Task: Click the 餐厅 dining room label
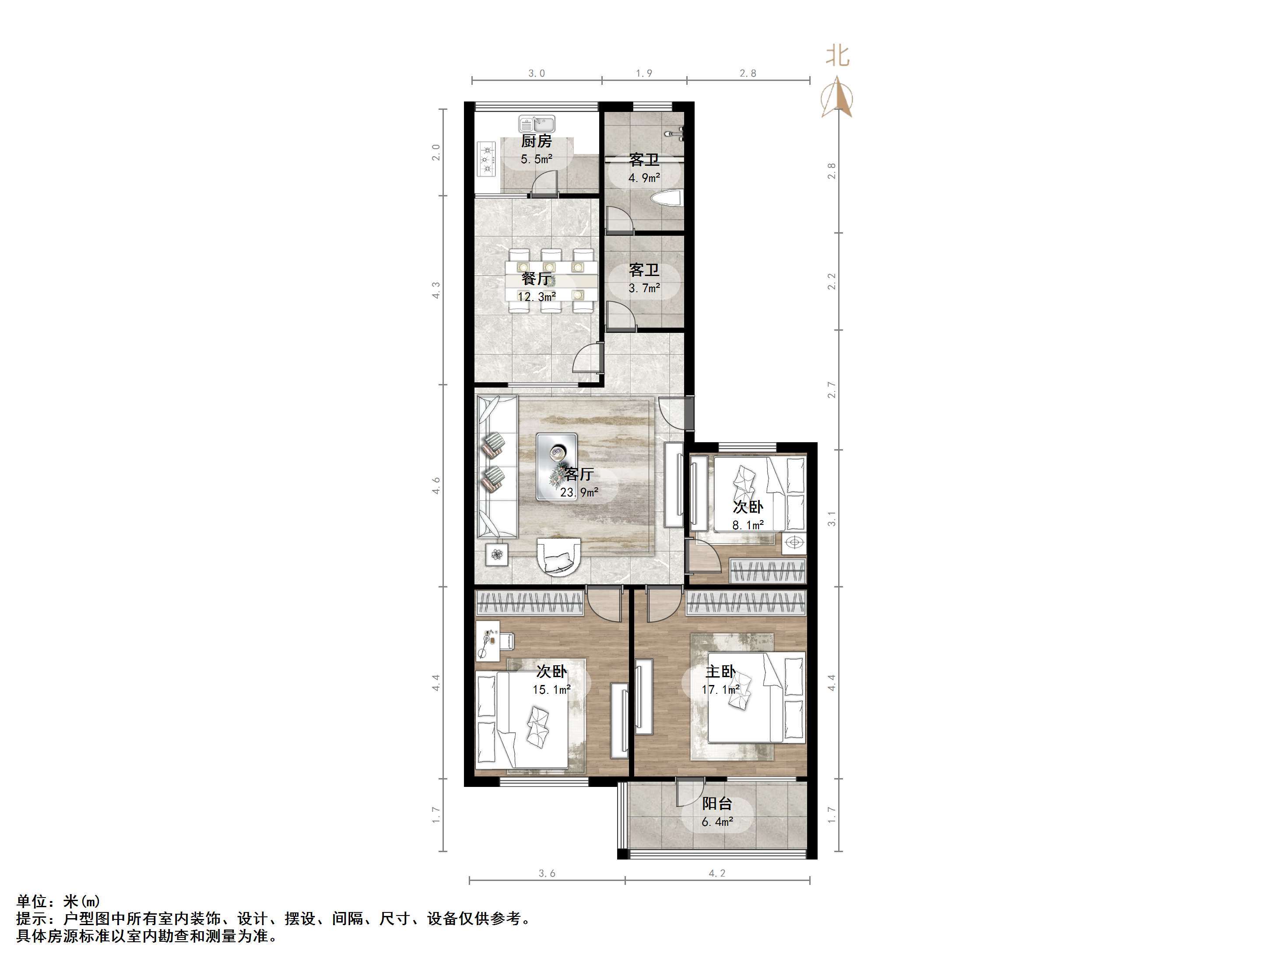coord(536,279)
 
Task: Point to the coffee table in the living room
coord(558,466)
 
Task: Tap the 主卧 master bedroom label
coord(720,671)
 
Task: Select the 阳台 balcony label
coord(717,804)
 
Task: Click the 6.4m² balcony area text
coord(717,822)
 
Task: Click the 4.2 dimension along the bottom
coord(717,874)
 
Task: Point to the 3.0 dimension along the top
coord(536,73)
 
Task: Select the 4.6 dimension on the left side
coord(436,486)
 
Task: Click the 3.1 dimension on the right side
coord(832,519)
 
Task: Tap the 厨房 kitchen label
coord(536,141)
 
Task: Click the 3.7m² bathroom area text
coord(644,288)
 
